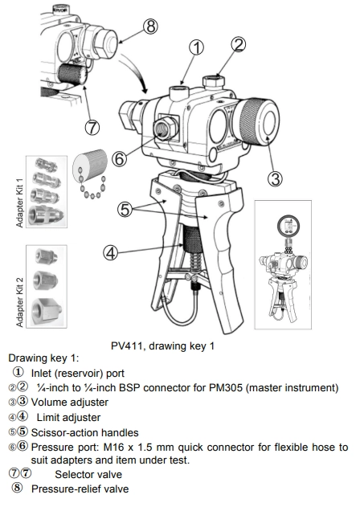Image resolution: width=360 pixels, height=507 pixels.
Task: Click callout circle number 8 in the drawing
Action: click(150, 27)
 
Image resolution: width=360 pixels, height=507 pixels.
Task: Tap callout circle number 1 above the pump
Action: click(196, 47)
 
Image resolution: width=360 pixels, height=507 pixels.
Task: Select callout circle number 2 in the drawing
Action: click(239, 45)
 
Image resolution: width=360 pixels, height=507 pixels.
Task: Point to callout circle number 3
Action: click(275, 178)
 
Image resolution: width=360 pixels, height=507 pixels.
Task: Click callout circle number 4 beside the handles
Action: click(111, 252)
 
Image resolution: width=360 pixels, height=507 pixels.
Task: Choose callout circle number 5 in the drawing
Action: click(125, 210)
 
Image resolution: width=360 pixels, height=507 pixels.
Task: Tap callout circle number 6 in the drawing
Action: click(120, 159)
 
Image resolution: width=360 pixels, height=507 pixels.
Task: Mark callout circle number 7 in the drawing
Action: click(92, 127)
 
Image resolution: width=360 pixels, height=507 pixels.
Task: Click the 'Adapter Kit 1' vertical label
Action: click(20, 202)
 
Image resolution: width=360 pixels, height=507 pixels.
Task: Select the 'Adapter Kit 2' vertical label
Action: click(20, 301)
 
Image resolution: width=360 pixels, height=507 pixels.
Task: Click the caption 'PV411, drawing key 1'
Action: click(162, 346)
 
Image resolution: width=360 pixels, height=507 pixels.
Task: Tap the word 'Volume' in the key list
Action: click(48, 403)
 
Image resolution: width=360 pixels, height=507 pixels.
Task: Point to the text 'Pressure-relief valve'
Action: click(80, 489)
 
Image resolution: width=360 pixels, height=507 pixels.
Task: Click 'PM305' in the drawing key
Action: click(226, 387)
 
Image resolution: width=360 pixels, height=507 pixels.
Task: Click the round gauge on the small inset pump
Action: click(288, 225)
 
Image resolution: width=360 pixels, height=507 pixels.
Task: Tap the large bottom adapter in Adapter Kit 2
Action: click(47, 311)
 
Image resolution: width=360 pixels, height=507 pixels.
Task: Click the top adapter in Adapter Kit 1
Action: click(47, 164)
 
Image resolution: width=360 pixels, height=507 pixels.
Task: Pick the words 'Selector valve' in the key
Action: click(88, 474)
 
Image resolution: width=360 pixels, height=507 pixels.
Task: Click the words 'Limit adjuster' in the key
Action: click(68, 418)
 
